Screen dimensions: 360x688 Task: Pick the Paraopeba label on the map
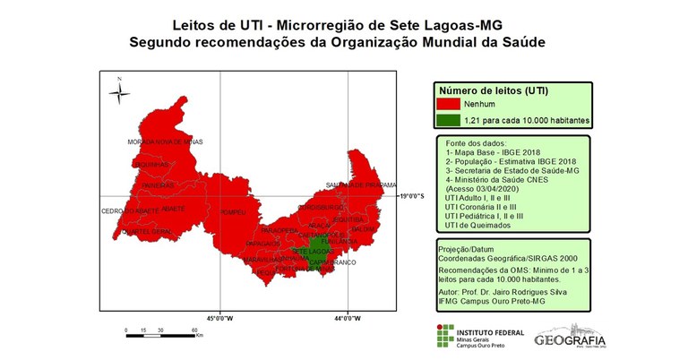click(x=279, y=230)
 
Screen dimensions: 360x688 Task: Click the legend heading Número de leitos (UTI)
click(x=492, y=90)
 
